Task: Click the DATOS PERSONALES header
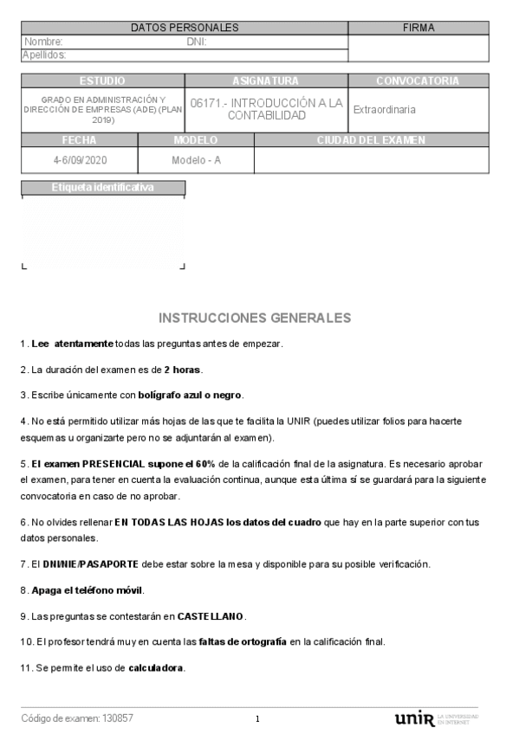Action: click(x=184, y=28)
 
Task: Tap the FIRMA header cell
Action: click(x=418, y=28)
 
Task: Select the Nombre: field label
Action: click(x=43, y=42)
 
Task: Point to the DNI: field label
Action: click(x=196, y=42)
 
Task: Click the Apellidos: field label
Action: click(x=44, y=55)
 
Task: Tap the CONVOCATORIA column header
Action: click(x=418, y=80)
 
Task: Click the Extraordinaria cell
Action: click(x=384, y=110)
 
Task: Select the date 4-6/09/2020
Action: click(x=79, y=160)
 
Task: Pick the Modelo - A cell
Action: click(x=196, y=160)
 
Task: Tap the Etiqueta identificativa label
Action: click(x=102, y=187)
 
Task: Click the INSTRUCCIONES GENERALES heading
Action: click(x=255, y=318)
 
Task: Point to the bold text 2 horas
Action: click(x=182, y=370)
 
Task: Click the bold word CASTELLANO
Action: click(x=211, y=616)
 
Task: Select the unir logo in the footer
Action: click(x=414, y=719)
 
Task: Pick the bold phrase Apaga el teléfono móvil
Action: click(x=88, y=590)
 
